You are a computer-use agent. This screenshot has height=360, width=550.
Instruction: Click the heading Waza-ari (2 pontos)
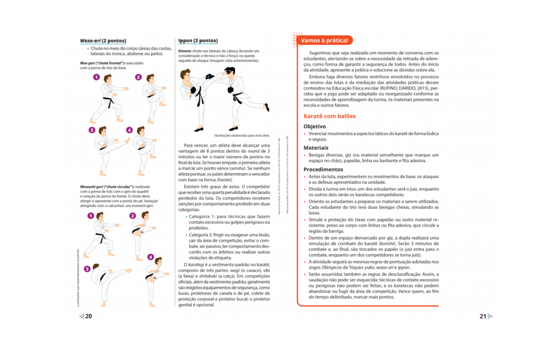[x=103, y=41]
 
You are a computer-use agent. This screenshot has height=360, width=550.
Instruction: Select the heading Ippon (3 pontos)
[x=198, y=41]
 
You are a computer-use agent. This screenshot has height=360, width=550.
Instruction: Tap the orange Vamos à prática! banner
[x=324, y=41]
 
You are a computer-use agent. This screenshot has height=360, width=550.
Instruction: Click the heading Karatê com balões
[x=329, y=116]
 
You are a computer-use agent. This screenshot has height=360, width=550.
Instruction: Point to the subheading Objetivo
[x=315, y=126]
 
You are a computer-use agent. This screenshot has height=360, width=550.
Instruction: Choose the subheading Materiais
[x=316, y=148]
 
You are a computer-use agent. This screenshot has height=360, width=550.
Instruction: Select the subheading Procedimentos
[x=323, y=169]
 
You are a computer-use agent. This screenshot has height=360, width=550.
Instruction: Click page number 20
[x=88, y=316]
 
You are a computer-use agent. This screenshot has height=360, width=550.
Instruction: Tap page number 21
[x=483, y=316]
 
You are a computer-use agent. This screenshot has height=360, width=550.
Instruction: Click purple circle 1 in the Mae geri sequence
[x=97, y=77]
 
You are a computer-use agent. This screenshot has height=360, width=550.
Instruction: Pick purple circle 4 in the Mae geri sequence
[x=129, y=130]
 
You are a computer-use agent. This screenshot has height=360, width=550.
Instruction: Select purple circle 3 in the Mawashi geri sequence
[x=87, y=269]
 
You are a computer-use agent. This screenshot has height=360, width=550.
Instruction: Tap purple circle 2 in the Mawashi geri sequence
[x=133, y=216]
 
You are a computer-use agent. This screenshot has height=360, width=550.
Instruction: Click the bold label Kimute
[x=185, y=51]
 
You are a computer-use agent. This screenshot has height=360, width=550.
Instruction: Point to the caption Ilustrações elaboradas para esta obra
[x=242, y=135]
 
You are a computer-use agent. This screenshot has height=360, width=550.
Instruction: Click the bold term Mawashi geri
[x=91, y=187]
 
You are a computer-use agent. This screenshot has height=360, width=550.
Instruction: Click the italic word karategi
[x=196, y=265]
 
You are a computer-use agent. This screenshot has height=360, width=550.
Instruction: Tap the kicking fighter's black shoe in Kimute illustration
[x=267, y=108]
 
